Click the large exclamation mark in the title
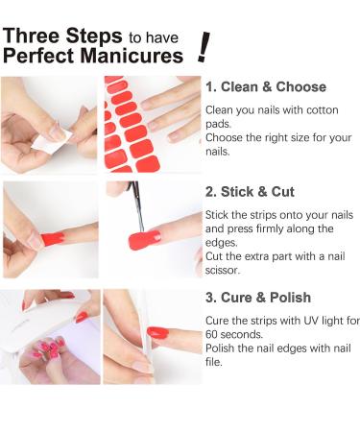pos(203,45)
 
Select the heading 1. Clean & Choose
pos(265,86)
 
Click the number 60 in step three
pos(214,334)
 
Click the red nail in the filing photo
pos(156,333)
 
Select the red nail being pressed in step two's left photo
pos(52,237)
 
